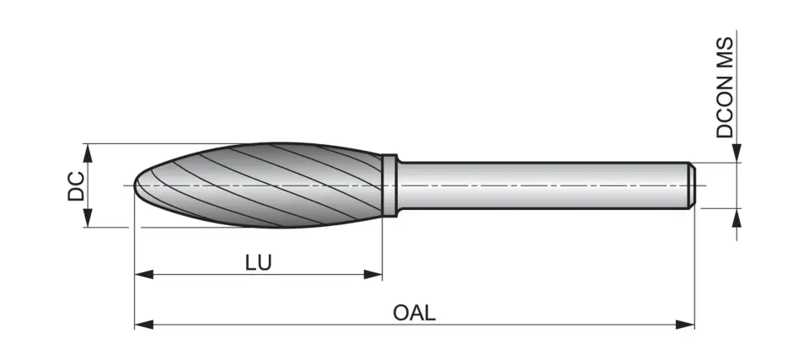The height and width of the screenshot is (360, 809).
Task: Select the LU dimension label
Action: pos(258,261)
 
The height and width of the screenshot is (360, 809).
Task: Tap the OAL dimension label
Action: pos(414,313)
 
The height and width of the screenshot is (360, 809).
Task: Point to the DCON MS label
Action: pos(725,87)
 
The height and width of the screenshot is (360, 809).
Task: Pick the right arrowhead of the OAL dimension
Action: pos(687,324)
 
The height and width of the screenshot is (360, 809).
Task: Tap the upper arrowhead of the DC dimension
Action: pos(88,151)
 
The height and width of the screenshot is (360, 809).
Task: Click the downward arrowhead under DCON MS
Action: pos(737,154)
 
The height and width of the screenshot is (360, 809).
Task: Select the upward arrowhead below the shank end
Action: pos(737,217)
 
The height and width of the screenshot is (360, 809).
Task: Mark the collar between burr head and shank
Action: pos(389,185)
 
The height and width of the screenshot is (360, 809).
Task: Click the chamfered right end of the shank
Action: pos(691,185)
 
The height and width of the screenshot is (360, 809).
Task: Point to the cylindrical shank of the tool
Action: pos(539,185)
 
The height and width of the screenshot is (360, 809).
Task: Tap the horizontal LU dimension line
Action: pos(202,274)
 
